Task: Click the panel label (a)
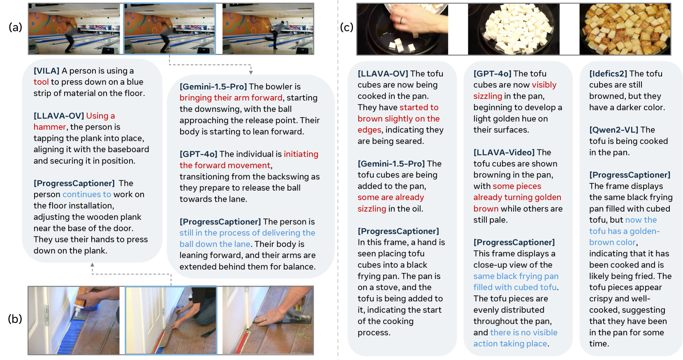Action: (x=15, y=28)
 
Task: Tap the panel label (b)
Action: (x=15, y=319)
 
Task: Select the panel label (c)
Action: (x=347, y=28)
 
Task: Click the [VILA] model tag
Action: (x=46, y=71)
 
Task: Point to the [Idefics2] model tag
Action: (x=608, y=74)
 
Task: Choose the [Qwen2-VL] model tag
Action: (x=614, y=130)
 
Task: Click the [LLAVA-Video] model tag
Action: (x=504, y=152)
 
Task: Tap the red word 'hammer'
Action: (x=50, y=127)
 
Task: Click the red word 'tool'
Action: (x=41, y=82)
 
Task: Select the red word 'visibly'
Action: (x=544, y=85)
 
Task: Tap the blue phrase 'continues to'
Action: (x=87, y=194)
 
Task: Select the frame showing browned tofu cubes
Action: (x=625, y=29)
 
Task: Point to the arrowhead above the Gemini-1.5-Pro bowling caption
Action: (x=251, y=72)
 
